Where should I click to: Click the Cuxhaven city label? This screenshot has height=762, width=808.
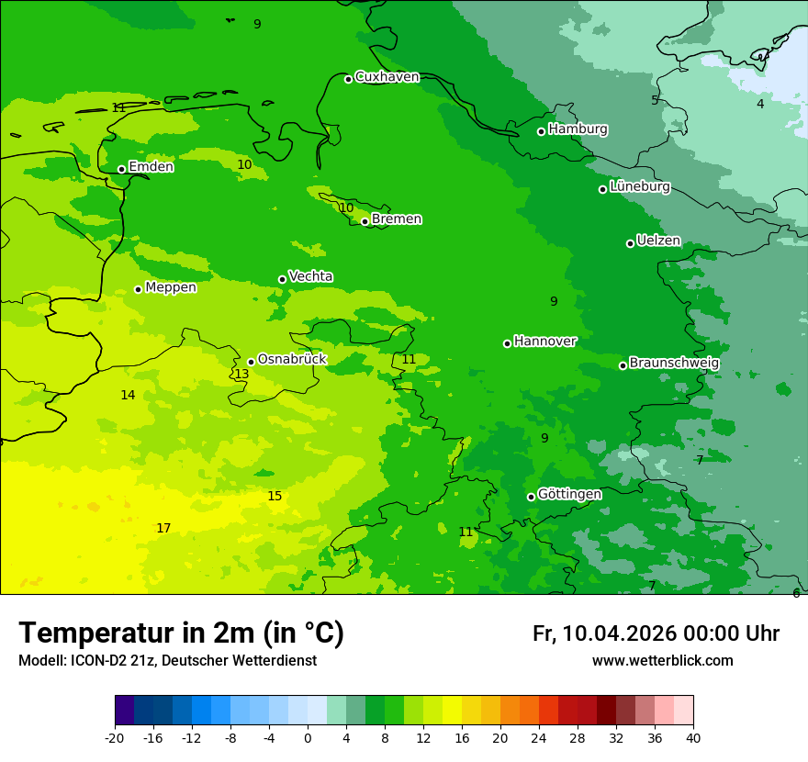[387, 77]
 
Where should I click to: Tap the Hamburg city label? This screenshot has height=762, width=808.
[578, 129]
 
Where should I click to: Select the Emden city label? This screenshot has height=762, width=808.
[151, 167]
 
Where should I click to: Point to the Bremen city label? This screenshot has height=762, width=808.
[397, 219]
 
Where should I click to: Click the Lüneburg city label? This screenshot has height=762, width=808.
[639, 187]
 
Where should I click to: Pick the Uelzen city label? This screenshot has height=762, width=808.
[658, 241]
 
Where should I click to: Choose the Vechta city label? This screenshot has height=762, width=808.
[310, 277]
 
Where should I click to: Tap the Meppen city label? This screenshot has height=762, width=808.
[171, 288]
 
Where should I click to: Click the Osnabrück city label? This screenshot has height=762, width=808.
[292, 360]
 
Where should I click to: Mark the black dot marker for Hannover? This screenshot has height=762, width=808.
[507, 343]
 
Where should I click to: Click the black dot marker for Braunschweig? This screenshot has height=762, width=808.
[623, 365]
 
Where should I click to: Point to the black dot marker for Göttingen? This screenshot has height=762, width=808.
[531, 497]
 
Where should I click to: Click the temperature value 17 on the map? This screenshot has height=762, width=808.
[163, 528]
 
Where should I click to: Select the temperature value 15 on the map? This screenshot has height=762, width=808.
[275, 497]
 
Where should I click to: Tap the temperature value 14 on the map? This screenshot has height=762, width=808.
[128, 395]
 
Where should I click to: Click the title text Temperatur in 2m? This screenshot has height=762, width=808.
[181, 633]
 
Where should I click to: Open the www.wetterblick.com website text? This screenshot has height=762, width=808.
[662, 660]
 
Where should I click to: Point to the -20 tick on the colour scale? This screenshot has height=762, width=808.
[115, 738]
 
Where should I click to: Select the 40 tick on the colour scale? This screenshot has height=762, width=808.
[693, 738]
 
